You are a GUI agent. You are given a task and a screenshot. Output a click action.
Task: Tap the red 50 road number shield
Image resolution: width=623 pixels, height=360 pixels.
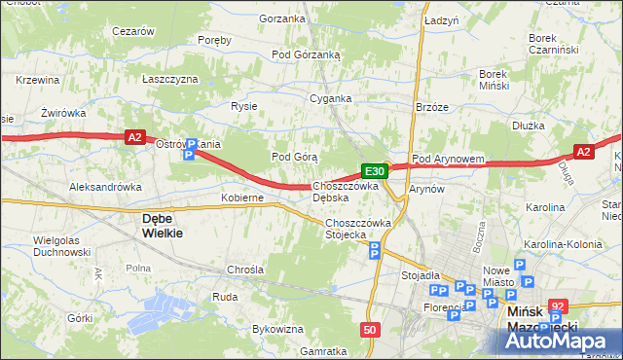pos(369,330)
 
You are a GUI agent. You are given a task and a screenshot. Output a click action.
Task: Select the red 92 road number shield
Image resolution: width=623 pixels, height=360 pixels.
pos(557,305)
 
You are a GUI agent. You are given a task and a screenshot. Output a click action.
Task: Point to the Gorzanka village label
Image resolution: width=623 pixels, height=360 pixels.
pos(283,18)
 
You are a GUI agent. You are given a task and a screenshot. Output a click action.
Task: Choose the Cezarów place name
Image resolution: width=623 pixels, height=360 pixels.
pos(133,31)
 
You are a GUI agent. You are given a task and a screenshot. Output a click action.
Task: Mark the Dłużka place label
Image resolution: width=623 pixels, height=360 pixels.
pos(529,126)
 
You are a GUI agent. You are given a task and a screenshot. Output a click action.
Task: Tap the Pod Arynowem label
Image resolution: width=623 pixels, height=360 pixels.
pos(448,159)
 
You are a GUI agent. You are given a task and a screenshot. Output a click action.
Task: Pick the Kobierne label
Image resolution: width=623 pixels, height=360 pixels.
pos(242,198)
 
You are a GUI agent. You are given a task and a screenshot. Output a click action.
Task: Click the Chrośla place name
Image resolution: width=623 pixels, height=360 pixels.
pos(244,269)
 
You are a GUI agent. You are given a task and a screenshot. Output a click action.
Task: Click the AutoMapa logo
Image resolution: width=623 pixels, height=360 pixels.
pos(561,341)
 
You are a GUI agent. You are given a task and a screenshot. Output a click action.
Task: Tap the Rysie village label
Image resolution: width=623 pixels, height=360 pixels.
pos(242,106)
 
